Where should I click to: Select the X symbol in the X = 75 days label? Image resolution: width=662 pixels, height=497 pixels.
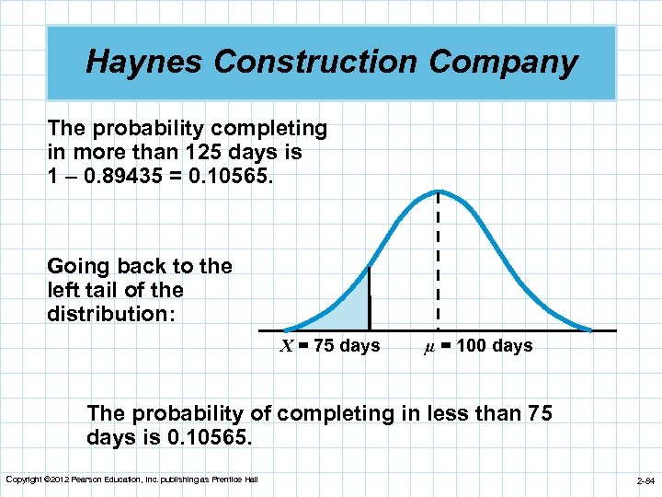coord(287,347)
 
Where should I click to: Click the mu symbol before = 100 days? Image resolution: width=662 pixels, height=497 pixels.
coord(428,347)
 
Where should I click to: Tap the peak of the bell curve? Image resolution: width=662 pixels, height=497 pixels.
coord(438,191)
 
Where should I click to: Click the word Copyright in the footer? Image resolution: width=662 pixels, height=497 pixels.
coord(23,480)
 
